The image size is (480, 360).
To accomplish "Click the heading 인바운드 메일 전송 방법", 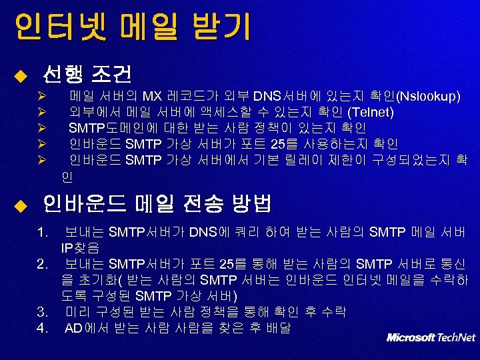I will pos(157,202).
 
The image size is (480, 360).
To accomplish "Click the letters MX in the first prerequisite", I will pos(152,96).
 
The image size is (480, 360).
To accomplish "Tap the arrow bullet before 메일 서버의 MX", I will pos(41,97).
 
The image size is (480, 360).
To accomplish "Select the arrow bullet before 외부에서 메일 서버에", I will pos(41,113).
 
